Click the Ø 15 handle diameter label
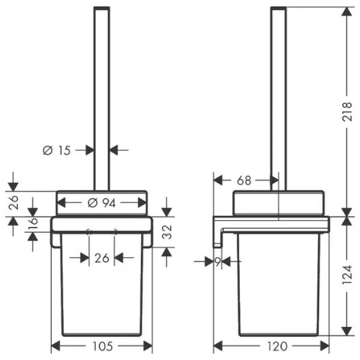coord(57,150)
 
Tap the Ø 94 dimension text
coord(102,203)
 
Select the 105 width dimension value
coord(102,346)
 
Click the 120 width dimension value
coord(277,346)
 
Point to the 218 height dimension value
coord(347,112)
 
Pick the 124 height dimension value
coord(347,275)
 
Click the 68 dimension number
coord(244,181)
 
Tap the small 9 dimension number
coord(217,262)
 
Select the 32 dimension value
coord(167,232)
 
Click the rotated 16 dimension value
coord(33,224)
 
